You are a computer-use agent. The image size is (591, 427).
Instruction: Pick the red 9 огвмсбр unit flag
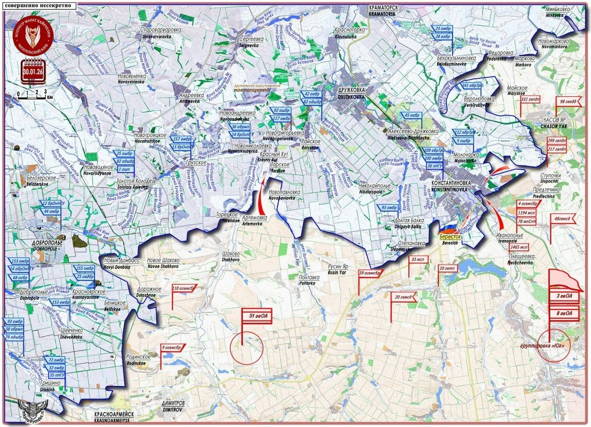(x=172, y=347)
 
